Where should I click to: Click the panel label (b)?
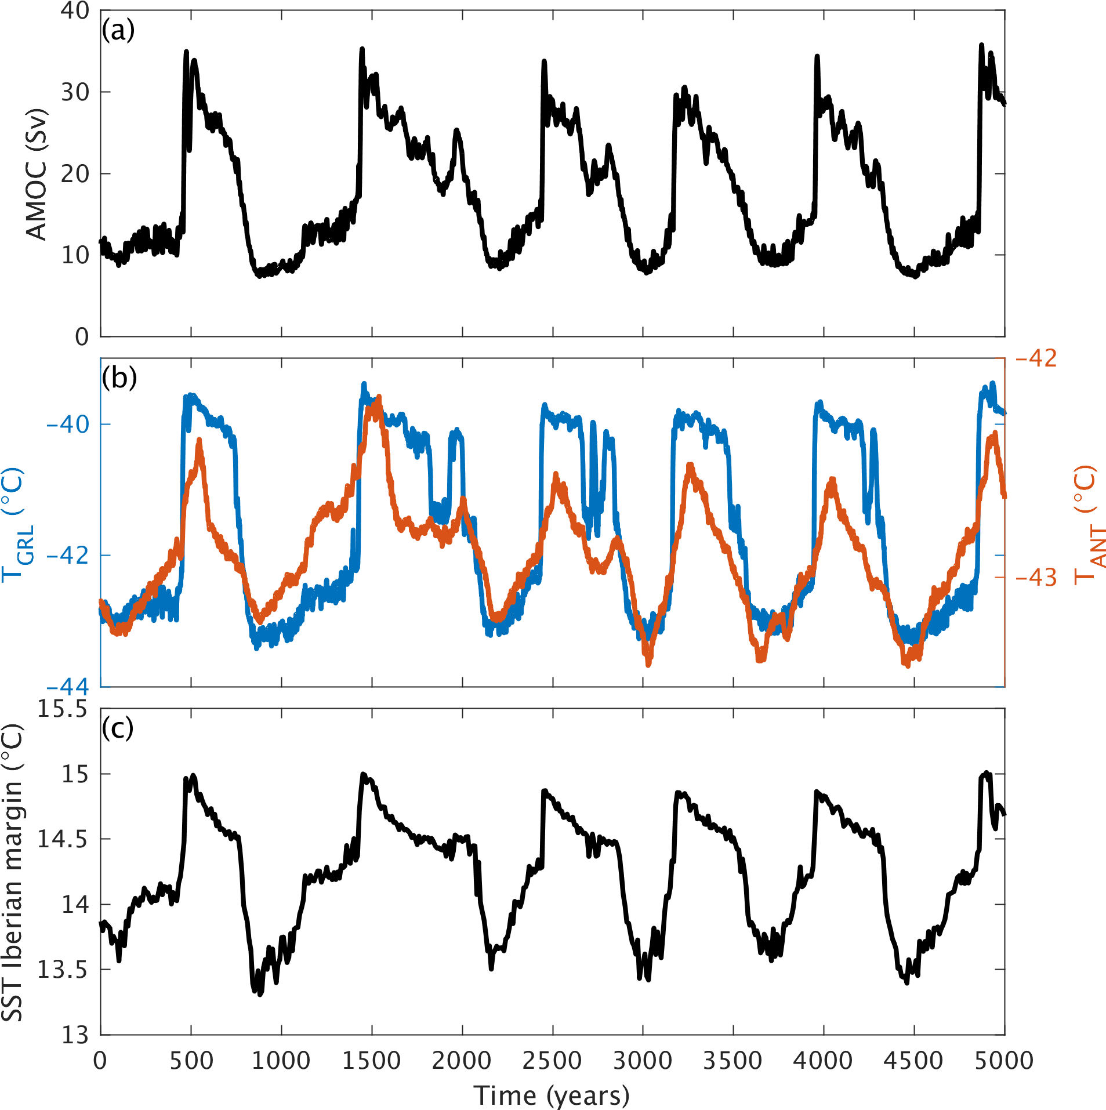point(119,378)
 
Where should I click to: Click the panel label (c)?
point(118,728)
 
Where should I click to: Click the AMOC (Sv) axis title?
point(36,174)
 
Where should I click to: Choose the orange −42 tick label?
point(1036,358)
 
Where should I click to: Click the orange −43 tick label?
point(1036,577)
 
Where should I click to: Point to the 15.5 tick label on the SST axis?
point(62,709)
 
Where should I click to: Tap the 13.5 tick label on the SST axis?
point(62,969)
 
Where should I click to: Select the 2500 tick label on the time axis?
point(552,1060)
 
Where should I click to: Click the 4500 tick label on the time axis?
point(913,1060)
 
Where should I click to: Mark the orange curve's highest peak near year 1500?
point(379,398)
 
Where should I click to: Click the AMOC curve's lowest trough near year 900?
point(259,276)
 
